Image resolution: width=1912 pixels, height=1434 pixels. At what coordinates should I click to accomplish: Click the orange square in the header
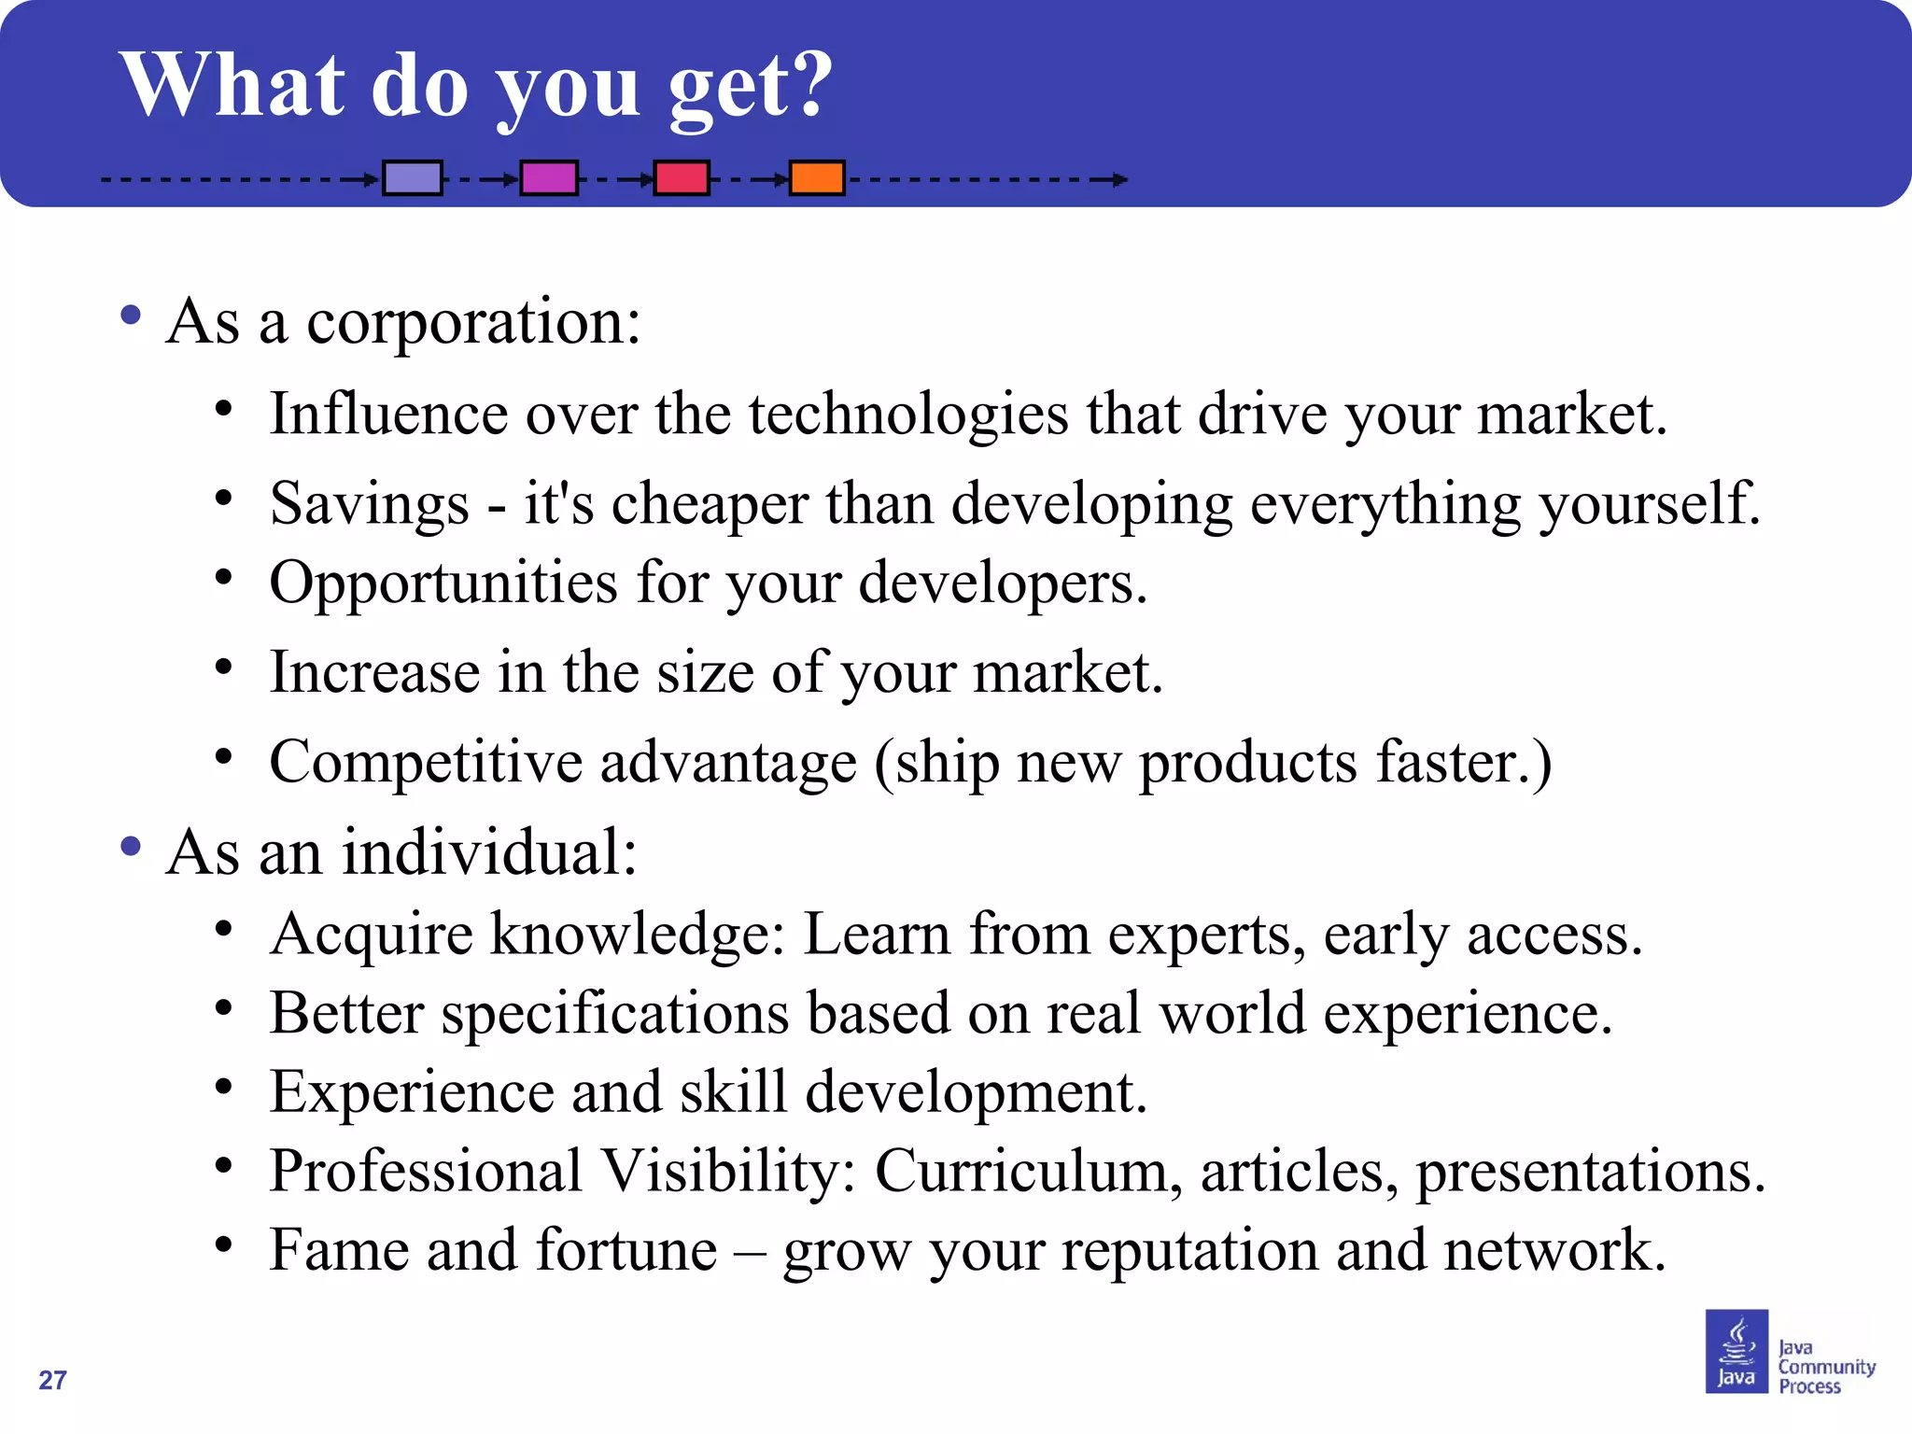tap(817, 177)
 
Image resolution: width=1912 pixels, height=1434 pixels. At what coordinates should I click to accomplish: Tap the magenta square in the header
tap(549, 177)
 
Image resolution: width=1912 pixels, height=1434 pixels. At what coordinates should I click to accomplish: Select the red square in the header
tap(682, 177)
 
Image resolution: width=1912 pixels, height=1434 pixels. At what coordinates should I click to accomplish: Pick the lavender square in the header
tap(413, 177)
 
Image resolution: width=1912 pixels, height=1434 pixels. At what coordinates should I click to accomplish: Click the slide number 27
tap(52, 1380)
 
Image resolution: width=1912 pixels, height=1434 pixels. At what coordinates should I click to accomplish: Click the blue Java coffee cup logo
tap(1736, 1351)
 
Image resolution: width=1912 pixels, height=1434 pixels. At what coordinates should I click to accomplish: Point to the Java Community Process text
tap(1825, 1367)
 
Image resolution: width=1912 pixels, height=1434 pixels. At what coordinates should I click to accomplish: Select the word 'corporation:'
tap(473, 322)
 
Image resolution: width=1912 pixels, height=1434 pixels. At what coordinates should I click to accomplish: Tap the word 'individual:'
tap(489, 852)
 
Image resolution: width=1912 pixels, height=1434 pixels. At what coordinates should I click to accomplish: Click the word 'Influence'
tap(388, 414)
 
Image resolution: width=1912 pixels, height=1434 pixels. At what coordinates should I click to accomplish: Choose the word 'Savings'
tap(369, 504)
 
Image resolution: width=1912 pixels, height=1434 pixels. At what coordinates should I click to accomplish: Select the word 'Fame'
tap(339, 1250)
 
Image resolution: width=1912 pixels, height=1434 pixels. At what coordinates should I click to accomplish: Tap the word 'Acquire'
tap(371, 935)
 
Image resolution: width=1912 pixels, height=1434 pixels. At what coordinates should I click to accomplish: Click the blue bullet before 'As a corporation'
tap(131, 315)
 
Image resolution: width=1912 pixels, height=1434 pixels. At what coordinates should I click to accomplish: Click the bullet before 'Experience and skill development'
tap(223, 1087)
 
